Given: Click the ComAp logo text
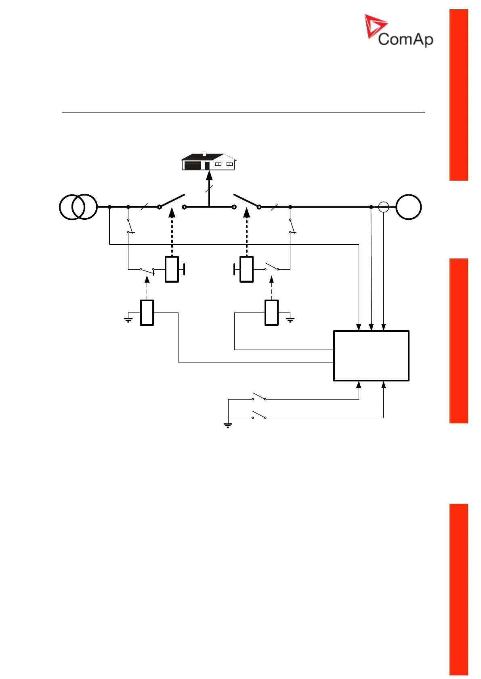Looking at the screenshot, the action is [x=405, y=40].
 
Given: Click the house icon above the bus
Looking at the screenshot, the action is [x=208, y=161].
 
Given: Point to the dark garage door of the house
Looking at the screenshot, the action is [x=192, y=166].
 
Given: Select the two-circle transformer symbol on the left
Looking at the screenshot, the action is [x=78, y=207].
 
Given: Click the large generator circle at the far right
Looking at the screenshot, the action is [x=408, y=207].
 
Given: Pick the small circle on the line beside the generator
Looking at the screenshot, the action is [x=383, y=207].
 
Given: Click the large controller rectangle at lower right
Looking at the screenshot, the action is [x=371, y=356].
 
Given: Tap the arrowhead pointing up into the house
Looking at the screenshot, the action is [x=209, y=175].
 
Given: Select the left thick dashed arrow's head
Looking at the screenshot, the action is [x=172, y=212].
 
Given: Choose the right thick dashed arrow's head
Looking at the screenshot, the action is [x=247, y=212].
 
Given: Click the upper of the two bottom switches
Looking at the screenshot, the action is [x=259, y=397].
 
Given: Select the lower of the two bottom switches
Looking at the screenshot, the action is [x=259, y=415].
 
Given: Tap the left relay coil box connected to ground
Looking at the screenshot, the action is [x=147, y=312].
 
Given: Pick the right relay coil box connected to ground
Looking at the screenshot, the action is [x=271, y=312].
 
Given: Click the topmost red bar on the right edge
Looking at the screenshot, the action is [x=459, y=95].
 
